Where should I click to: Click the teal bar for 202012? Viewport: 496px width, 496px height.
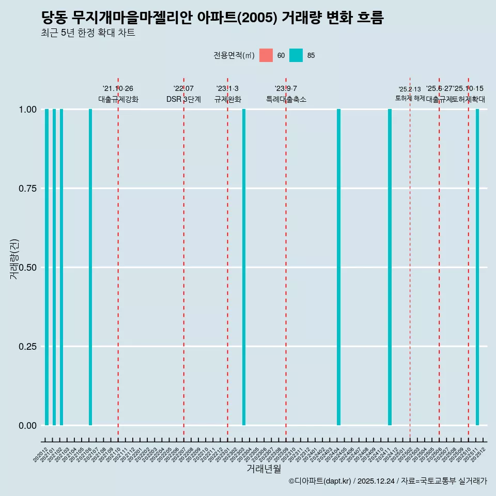click(x=47, y=267)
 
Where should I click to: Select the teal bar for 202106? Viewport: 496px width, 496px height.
click(x=90, y=267)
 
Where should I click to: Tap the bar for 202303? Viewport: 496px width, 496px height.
click(x=244, y=267)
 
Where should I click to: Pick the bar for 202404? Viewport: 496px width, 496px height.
click(x=338, y=267)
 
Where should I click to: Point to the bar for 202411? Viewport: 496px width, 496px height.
click(x=390, y=267)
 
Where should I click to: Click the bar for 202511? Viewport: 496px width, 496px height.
click(x=477, y=267)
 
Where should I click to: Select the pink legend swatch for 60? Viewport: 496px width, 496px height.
click(x=266, y=55)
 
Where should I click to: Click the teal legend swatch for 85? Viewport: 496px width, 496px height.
click(x=296, y=55)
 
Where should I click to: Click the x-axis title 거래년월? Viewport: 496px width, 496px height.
click(x=264, y=469)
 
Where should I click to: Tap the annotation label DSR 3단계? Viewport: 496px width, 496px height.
click(x=183, y=99)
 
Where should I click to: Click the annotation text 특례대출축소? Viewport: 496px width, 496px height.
click(x=286, y=99)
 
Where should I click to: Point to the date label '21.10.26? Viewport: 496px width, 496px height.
click(x=118, y=88)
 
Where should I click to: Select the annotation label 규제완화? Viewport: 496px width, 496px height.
click(x=228, y=99)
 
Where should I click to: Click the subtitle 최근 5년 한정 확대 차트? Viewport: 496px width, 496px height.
click(x=88, y=33)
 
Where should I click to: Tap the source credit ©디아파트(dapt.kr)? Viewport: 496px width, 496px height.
click(x=320, y=481)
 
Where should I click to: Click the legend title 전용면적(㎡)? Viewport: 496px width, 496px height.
click(x=234, y=55)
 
